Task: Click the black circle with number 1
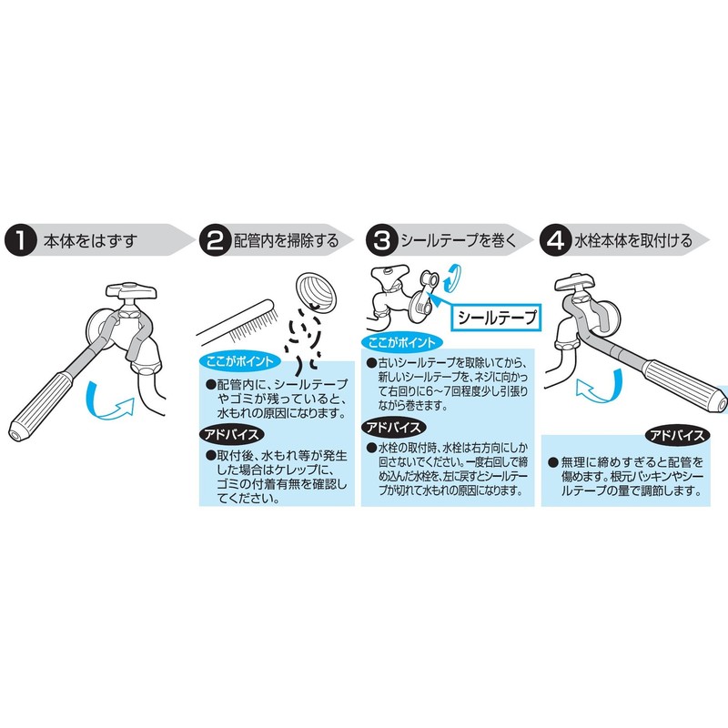19,240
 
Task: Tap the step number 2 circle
214,240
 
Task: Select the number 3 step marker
380,240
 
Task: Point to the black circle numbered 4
554,240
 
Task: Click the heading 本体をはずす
85,241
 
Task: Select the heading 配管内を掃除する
286,241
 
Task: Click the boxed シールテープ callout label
496,318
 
